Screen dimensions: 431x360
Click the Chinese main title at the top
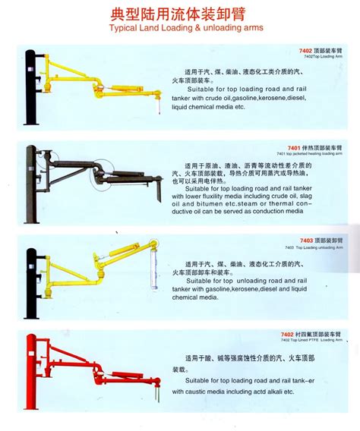point(179,14)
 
